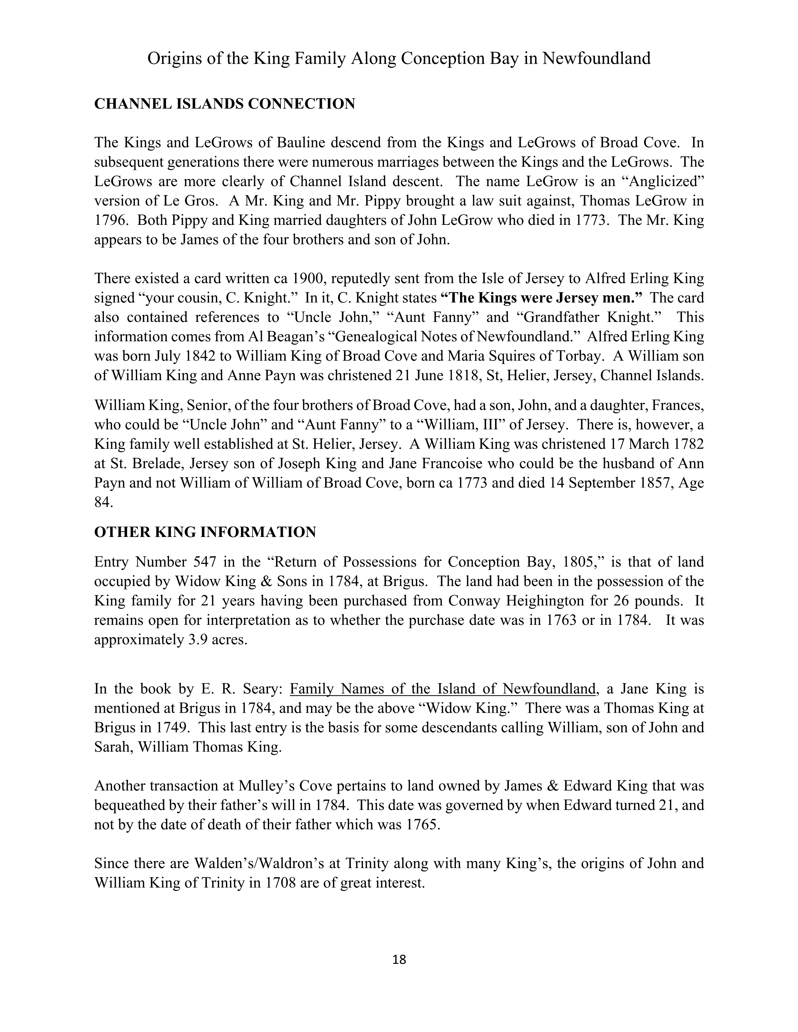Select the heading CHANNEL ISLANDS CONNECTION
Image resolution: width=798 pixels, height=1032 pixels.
pos(225,104)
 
